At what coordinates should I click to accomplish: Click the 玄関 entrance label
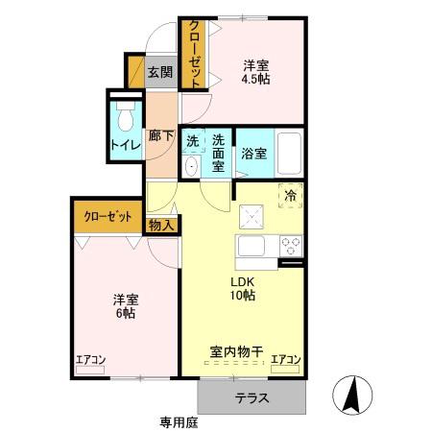click(x=160, y=72)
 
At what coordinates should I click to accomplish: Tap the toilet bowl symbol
click(x=124, y=119)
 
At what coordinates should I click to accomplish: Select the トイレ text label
click(x=123, y=145)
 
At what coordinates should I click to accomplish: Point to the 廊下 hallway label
click(x=160, y=135)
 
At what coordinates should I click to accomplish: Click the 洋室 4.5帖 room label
click(x=255, y=72)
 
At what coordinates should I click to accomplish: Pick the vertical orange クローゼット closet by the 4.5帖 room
click(x=193, y=55)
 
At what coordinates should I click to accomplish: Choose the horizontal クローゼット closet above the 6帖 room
click(x=108, y=216)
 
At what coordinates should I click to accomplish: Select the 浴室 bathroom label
click(x=253, y=152)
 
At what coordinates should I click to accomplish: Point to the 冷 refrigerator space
click(x=289, y=195)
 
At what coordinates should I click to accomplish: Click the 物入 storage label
click(x=161, y=226)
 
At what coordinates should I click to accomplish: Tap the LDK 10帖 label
click(x=241, y=288)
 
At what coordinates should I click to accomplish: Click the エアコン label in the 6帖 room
click(x=91, y=360)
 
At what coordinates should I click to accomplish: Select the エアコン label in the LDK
click(x=285, y=360)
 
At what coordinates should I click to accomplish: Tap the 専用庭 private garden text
click(x=180, y=421)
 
